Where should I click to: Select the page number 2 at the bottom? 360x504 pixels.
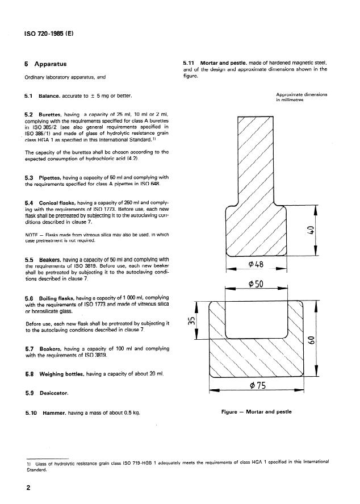[27, 488]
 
